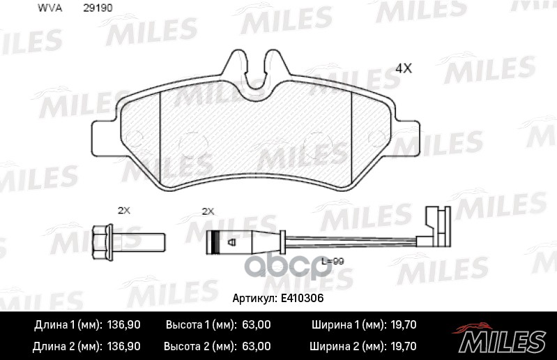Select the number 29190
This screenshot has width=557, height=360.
pos(98,8)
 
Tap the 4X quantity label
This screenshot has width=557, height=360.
pos(404,68)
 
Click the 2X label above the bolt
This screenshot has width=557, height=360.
pos(123,209)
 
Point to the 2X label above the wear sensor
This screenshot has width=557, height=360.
pos(207,209)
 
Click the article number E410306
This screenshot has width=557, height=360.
pos(302,297)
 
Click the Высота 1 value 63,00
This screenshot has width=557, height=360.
pos(256,325)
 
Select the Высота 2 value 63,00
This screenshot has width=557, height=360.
pos(256,346)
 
